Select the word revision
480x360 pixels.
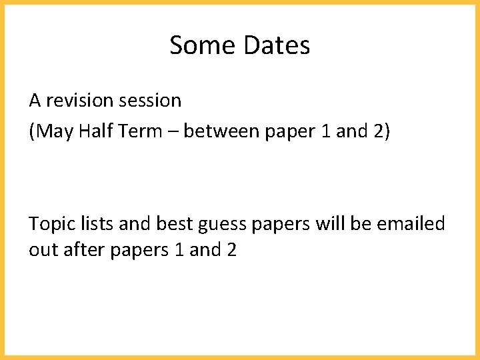79,101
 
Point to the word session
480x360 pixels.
150,101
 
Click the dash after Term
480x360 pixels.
173,132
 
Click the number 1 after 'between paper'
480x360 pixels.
325,131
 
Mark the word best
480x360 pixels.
173,224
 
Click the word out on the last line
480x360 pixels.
41,251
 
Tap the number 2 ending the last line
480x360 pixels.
231,251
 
